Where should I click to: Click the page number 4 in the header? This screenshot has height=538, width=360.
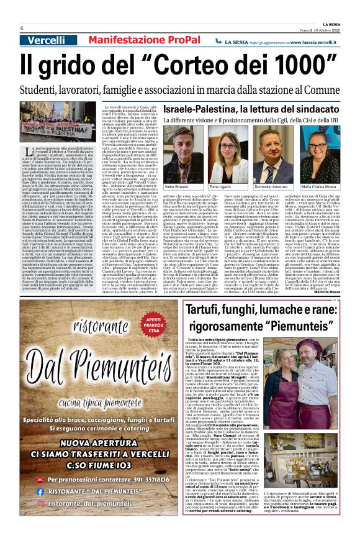coord(21,28)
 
